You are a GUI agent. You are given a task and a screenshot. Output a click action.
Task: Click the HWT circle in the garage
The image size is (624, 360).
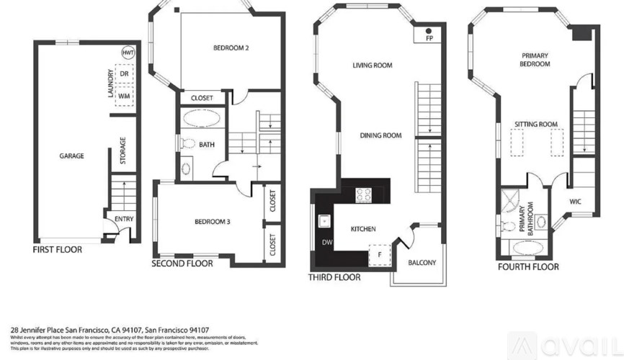tap(128, 53)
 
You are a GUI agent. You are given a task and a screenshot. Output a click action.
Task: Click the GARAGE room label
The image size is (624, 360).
tap(71, 156)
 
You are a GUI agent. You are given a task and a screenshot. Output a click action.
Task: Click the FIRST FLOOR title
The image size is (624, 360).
tap(58, 250)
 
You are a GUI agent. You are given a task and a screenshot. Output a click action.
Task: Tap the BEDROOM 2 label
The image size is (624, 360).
tap(231, 48)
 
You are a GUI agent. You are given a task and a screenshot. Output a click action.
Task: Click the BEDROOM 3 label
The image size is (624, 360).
tap(212, 222)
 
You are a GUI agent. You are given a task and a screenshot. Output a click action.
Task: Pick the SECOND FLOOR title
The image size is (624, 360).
tap(182, 264)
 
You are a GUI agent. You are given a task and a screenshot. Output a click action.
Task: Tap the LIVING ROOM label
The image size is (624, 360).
tap(372, 66)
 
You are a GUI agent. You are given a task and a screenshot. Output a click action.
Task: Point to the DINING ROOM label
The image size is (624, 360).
tap(381, 135)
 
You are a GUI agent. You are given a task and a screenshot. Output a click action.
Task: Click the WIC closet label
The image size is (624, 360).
tap(575, 202)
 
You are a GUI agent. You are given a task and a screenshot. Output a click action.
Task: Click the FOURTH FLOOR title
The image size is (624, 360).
tap(528, 267)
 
